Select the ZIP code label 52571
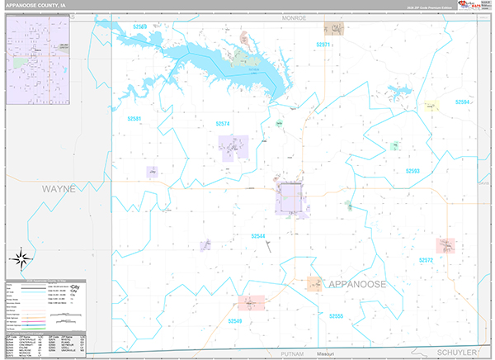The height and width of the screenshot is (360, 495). tap(323, 45)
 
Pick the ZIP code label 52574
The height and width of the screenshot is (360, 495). tap(224, 124)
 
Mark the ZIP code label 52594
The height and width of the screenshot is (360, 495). tap(462, 102)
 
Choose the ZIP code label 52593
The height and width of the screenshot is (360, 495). tap(412, 171)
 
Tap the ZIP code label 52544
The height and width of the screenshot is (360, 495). tap(259, 236)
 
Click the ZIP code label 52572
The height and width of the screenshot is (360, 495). tap(426, 260)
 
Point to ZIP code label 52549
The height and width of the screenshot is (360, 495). tap(235, 320)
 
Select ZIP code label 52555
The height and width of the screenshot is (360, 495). tap(335, 316)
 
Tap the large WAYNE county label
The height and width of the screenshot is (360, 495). tap(59, 189)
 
